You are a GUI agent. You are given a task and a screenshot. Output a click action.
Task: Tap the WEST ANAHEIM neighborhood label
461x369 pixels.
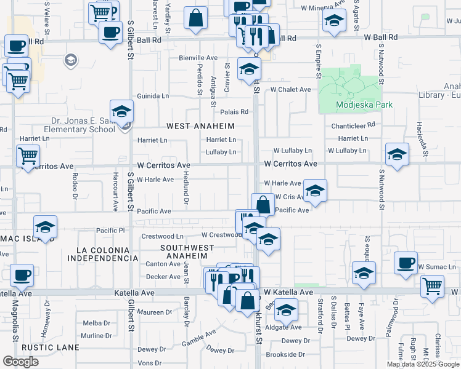(x=201, y=126)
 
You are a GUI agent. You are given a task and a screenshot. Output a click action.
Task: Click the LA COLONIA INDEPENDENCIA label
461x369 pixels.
(x=103, y=254)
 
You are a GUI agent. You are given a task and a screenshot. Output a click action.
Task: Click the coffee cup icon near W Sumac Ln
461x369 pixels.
(x=406, y=263)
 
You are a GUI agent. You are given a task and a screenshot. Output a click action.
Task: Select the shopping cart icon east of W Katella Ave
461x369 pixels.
(x=433, y=285)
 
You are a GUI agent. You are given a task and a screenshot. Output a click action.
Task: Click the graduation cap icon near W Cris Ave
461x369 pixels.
(x=315, y=191)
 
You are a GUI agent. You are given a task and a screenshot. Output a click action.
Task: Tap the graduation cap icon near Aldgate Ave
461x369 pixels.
(x=286, y=310)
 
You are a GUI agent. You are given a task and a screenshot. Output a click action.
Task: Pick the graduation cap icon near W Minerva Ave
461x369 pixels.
(x=333, y=21)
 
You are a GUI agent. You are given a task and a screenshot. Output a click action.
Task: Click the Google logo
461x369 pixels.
(x=21, y=361)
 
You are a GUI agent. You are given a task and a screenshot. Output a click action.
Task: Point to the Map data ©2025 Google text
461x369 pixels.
(x=423, y=363)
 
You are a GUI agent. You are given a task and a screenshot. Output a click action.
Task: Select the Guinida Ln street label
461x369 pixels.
(x=153, y=96)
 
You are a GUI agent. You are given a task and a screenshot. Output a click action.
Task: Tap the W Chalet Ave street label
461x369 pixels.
(x=291, y=89)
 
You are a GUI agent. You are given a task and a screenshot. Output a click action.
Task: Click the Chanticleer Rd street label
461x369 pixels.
(x=353, y=125)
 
